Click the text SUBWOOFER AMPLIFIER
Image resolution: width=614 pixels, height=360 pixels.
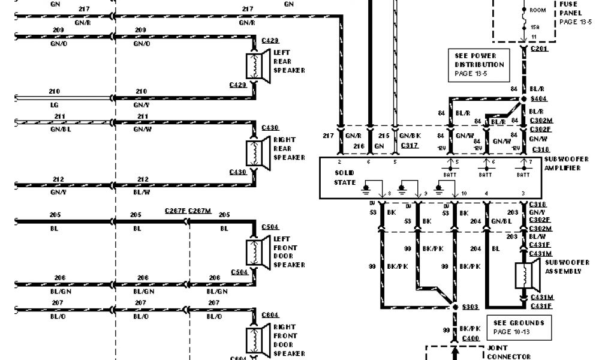coord(566,164)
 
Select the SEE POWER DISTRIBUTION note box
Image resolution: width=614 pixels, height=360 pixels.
coord(478,64)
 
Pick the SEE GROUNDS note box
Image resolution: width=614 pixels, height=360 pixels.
coord(518,327)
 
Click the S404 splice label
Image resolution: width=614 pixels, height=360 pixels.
coord(538,98)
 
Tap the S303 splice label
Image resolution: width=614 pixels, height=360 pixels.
coord(469,307)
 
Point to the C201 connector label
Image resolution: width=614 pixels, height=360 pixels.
coord(539,48)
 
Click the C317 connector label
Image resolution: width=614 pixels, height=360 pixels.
coord(410,145)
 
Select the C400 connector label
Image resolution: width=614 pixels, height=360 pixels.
coord(470,338)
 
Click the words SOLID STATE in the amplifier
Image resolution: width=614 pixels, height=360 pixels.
coord(345,178)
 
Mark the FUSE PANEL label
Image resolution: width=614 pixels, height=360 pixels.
coord(569,8)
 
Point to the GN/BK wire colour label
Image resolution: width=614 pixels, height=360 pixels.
coord(410,136)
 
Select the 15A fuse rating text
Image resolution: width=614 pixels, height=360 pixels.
coord(533,27)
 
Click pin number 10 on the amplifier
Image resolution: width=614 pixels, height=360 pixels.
coord(463,193)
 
